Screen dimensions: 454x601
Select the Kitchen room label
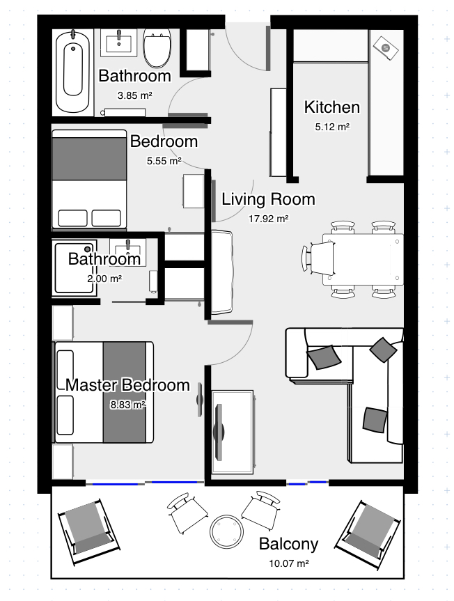(x=331, y=107)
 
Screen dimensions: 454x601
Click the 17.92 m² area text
(x=268, y=219)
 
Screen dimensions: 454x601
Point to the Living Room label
(x=268, y=199)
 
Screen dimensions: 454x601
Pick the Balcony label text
(x=288, y=544)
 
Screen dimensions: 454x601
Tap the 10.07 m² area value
(x=288, y=563)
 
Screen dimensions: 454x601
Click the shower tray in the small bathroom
(x=75, y=268)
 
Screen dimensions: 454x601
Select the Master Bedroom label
(x=127, y=385)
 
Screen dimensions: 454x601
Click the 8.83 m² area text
(x=127, y=405)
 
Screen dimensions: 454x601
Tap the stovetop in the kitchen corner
(x=386, y=48)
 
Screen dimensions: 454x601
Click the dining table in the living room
(x=363, y=260)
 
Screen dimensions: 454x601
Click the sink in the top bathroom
(x=119, y=43)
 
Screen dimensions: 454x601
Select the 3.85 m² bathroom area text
(x=135, y=95)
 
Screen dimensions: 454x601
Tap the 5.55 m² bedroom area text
(x=164, y=161)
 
